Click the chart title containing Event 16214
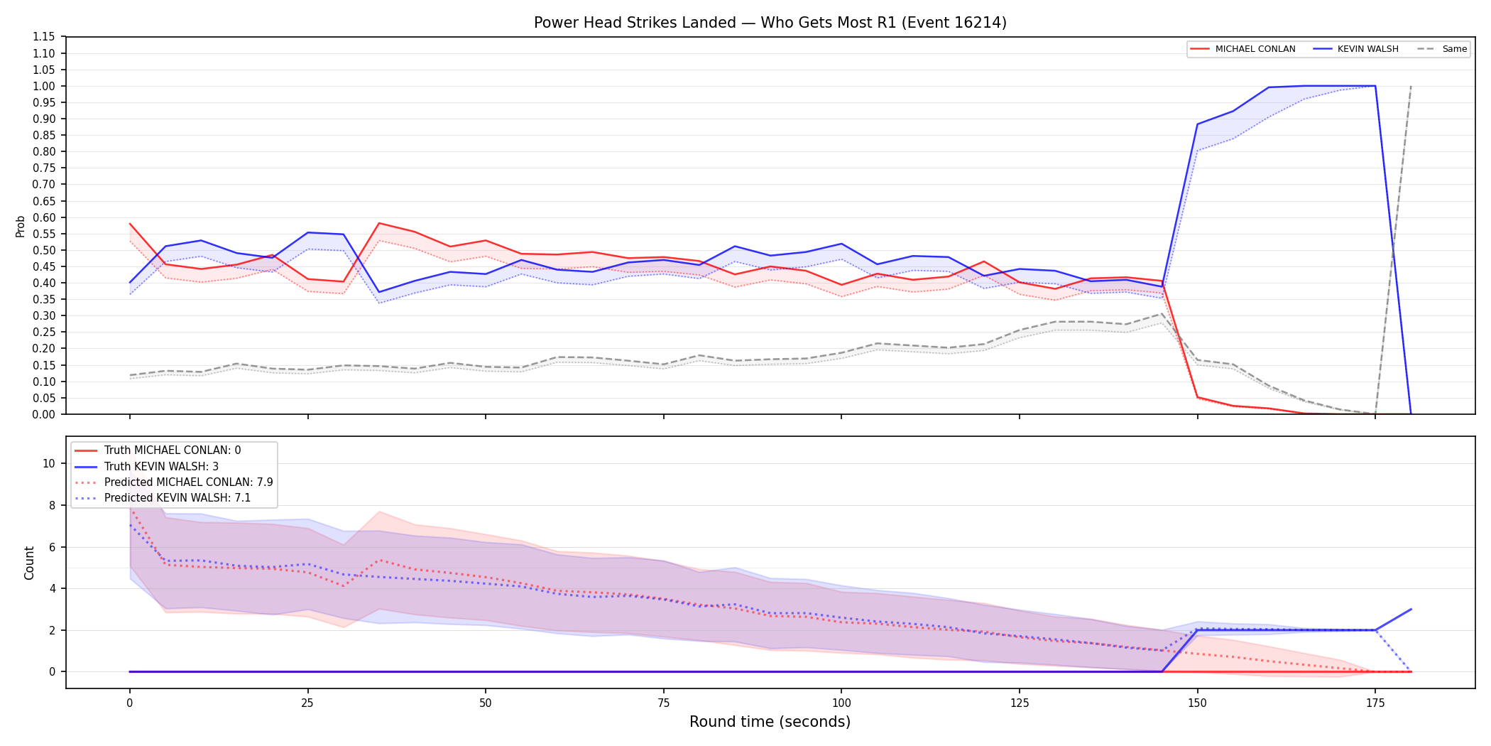(770, 23)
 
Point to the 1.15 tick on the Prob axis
(44, 37)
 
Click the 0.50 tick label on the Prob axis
(44, 250)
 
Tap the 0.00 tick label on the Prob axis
(44, 414)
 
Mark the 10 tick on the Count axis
(49, 463)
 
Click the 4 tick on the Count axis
(52, 588)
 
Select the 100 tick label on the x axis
(841, 703)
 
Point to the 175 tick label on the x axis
(1375, 703)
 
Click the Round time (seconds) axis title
(770, 722)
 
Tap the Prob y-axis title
(21, 226)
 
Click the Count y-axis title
(29, 563)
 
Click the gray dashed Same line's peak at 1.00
(1411, 86)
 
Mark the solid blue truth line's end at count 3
(1411, 610)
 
